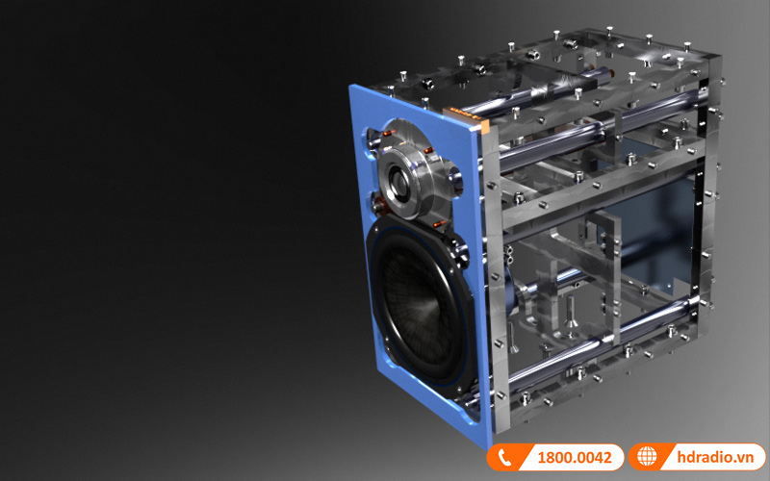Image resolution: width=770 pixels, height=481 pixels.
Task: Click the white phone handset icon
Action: pos(504,458)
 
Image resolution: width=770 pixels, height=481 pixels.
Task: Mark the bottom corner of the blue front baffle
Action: pos(478,444)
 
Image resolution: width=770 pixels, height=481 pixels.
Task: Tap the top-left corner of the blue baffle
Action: pos(352,87)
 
